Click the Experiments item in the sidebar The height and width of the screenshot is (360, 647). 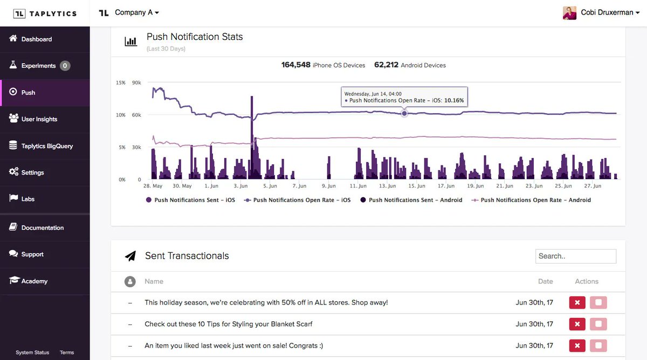pyautogui.click(x=38, y=66)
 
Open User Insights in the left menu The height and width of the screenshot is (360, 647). pyautogui.click(x=39, y=119)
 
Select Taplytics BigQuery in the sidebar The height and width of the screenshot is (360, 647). pyautogui.click(x=46, y=146)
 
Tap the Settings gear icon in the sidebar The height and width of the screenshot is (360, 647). pyautogui.click(x=13, y=172)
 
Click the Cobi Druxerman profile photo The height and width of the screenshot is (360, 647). pyautogui.click(x=569, y=13)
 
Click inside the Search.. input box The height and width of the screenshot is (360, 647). pyautogui.click(x=575, y=256)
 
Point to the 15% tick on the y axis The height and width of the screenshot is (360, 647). pyautogui.click(x=120, y=83)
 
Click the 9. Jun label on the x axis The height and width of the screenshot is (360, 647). pyautogui.click(x=328, y=186)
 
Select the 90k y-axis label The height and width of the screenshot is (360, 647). pyautogui.click(x=136, y=83)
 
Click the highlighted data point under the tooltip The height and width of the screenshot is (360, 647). pyautogui.click(x=404, y=113)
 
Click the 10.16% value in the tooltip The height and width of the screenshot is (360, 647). pyautogui.click(x=453, y=101)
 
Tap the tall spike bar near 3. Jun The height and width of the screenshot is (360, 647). pyautogui.click(x=251, y=135)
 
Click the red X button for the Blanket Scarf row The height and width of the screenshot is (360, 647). pyautogui.click(x=577, y=324)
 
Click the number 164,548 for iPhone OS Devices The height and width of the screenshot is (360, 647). pyautogui.click(x=295, y=65)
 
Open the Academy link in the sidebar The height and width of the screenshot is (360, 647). pyautogui.click(x=35, y=281)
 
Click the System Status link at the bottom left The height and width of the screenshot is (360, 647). pyautogui.click(x=32, y=352)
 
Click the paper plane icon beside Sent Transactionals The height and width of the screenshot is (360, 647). pyautogui.click(x=130, y=256)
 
